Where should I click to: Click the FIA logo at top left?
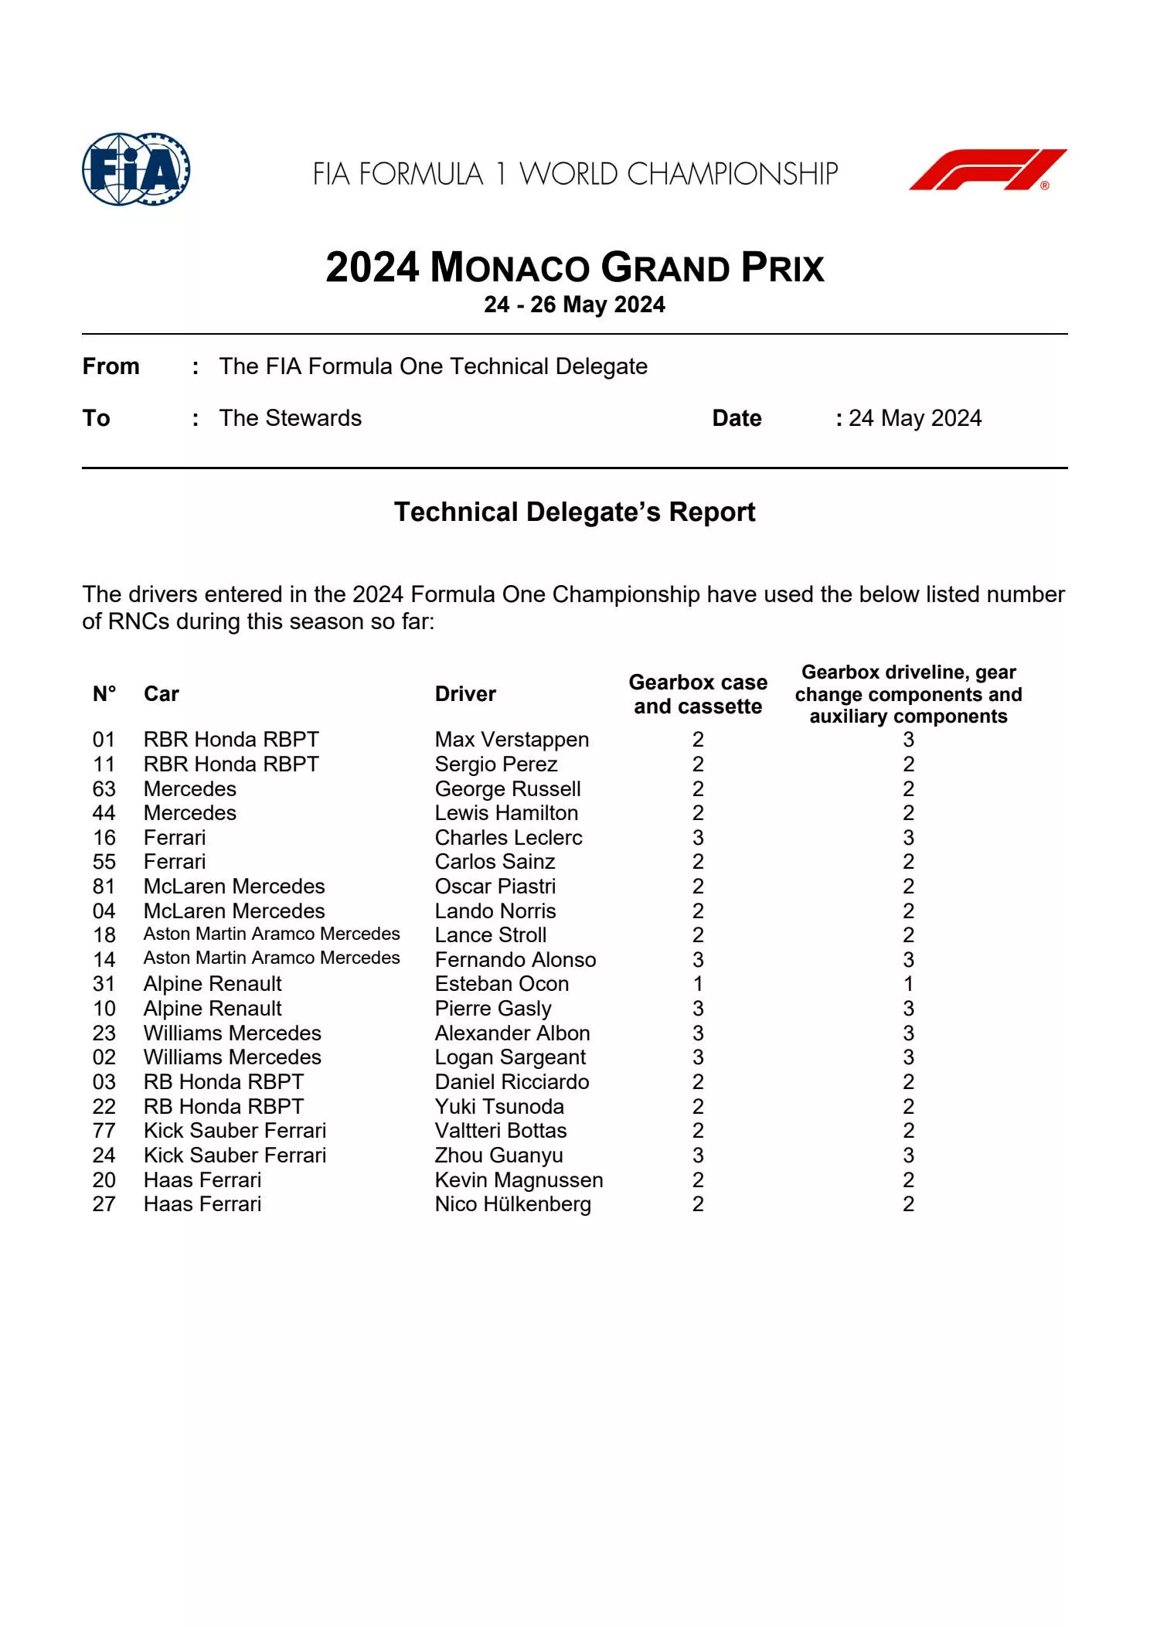[x=136, y=169]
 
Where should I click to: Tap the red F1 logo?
[x=988, y=169]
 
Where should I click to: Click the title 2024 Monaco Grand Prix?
[x=574, y=268]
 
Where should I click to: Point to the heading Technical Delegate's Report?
[x=574, y=512]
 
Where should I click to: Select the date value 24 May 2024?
[x=915, y=418]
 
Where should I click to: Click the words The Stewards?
[x=290, y=418]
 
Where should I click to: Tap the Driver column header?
[x=465, y=694]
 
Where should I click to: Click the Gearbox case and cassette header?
[x=697, y=694]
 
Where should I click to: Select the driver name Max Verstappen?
[x=512, y=740]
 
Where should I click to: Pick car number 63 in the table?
[x=104, y=789]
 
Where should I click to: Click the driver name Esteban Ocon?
[x=502, y=984]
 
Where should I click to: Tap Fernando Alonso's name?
[x=515, y=960]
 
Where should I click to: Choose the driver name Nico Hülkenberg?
[x=512, y=1204]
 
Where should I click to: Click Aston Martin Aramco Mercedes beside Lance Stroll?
[x=271, y=934]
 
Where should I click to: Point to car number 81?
[x=104, y=887]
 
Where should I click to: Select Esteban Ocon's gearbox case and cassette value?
[x=698, y=984]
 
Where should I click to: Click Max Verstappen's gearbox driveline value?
[x=908, y=740]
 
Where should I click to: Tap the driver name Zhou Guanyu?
[x=498, y=1156]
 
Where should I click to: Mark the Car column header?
[x=161, y=694]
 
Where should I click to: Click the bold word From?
[x=111, y=366]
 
